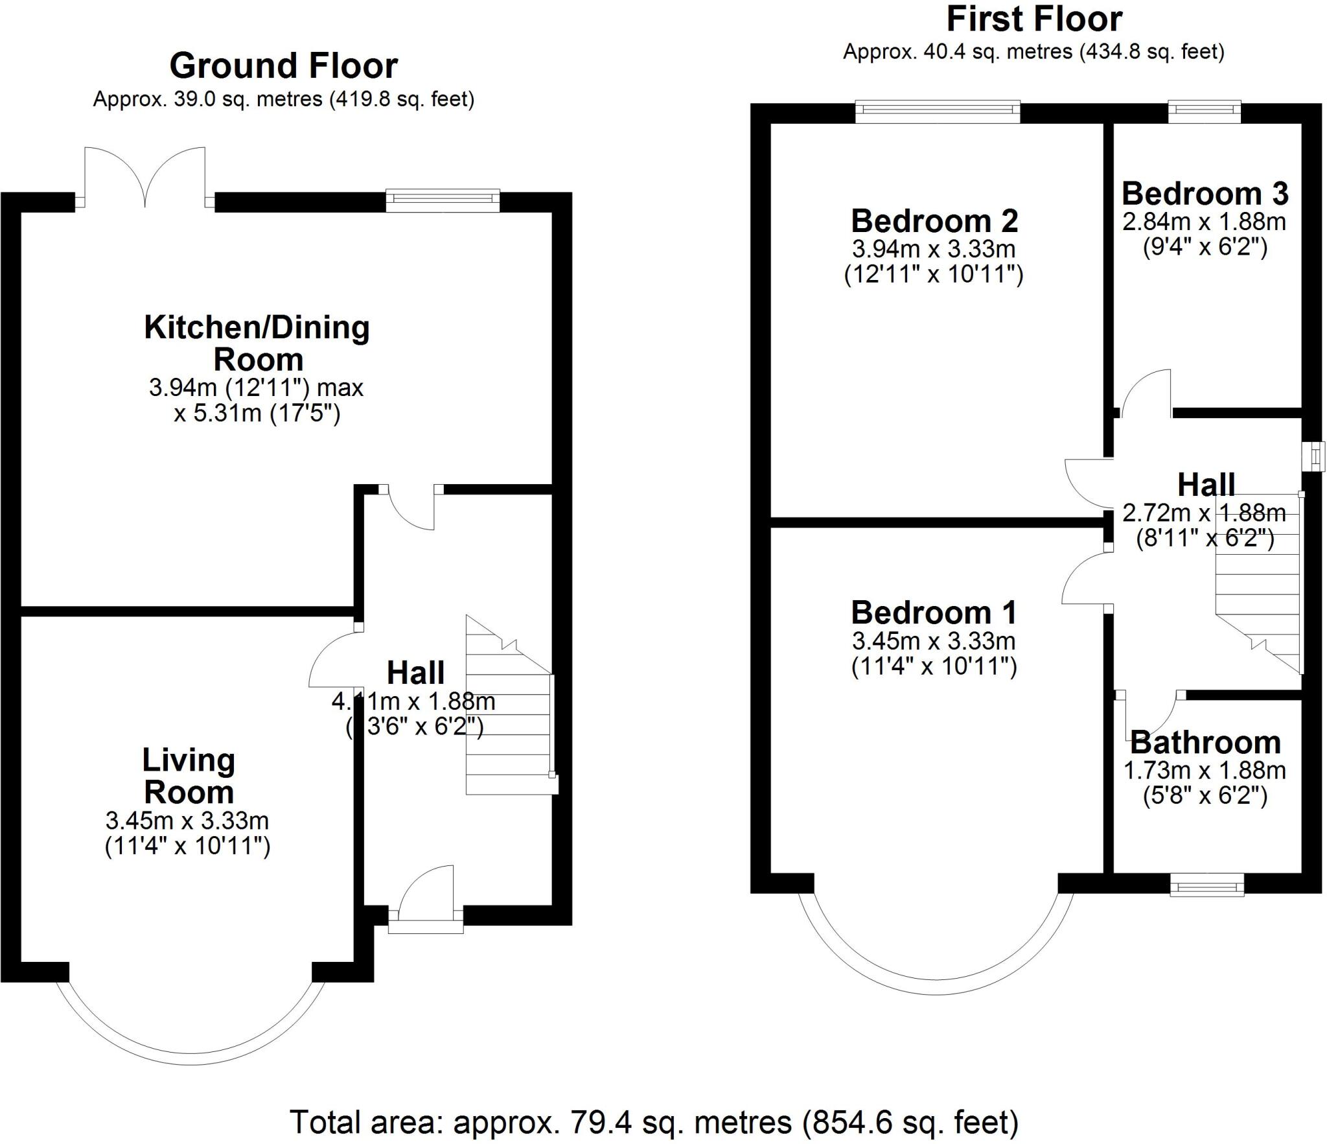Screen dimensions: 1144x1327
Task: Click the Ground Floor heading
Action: pyautogui.click(x=283, y=66)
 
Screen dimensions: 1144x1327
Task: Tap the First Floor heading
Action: pyautogui.click(x=1034, y=19)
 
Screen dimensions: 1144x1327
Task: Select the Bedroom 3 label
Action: pyautogui.click(x=1205, y=193)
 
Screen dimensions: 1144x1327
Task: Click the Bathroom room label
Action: pyautogui.click(x=1205, y=742)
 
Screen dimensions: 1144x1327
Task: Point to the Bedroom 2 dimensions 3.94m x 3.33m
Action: pyautogui.click(x=934, y=249)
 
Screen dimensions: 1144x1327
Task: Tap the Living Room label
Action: pyautogui.click(x=188, y=776)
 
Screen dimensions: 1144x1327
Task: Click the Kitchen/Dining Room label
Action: pyautogui.click(x=257, y=343)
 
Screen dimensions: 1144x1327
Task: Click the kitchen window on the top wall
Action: pyautogui.click(x=443, y=200)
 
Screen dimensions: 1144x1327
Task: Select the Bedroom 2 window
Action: pyautogui.click(x=937, y=111)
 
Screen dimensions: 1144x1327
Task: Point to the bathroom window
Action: pyautogui.click(x=1206, y=885)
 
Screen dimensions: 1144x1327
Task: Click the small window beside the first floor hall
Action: pyautogui.click(x=1315, y=456)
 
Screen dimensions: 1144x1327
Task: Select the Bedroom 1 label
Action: pyautogui.click(x=933, y=613)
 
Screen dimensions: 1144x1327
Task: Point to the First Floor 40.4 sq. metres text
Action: pyautogui.click(x=1033, y=52)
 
